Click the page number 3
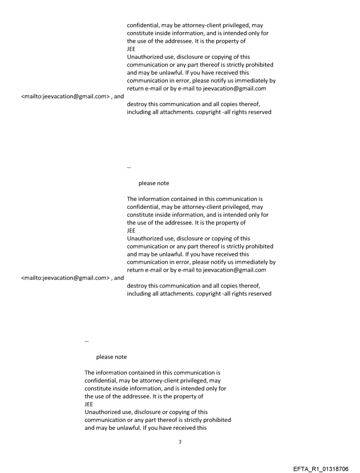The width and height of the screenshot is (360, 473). [180, 442]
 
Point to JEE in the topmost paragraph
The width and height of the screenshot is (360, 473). [131, 49]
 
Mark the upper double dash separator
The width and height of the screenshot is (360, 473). [129, 167]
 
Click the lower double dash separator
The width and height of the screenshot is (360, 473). [86, 341]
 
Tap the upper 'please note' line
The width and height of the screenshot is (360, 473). [154, 183]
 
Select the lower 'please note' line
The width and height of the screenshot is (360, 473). [111, 357]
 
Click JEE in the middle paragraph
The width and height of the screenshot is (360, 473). [131, 231]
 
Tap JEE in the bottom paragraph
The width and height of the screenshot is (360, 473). [89, 404]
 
